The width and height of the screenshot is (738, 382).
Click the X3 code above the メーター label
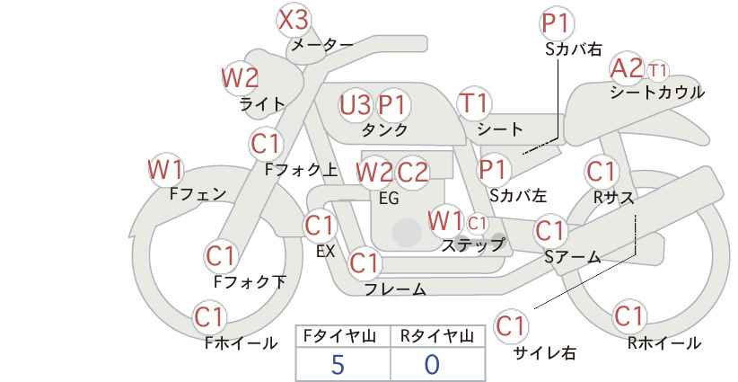pos(294,21)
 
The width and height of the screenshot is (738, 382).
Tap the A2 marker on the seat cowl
pos(626,68)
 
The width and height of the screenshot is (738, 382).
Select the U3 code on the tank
pos(355,105)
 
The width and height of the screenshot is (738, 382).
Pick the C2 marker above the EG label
pos(412,173)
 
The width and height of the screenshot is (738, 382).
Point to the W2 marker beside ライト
pos(240,78)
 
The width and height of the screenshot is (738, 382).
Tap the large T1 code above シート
pos(474,103)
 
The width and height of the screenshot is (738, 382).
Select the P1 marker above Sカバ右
pos(558,23)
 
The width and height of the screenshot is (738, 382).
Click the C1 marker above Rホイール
pos(628,316)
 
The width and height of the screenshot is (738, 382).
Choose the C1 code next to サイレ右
pos(510,326)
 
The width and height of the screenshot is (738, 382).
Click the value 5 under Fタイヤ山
pos(338,365)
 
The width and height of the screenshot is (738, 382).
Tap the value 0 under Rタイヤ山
pos(432,365)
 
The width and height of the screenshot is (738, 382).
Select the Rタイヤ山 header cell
pos(438,336)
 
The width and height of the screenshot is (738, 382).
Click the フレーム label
pos(395,289)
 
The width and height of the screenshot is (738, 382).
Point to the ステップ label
pos(472,245)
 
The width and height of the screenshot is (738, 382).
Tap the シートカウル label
pos(657,93)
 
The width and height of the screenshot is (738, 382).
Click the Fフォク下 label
pos(250,281)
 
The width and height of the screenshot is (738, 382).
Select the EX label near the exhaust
pos(325,252)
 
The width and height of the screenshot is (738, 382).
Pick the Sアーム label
pos(573,257)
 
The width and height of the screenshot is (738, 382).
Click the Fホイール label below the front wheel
pos(241,343)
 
